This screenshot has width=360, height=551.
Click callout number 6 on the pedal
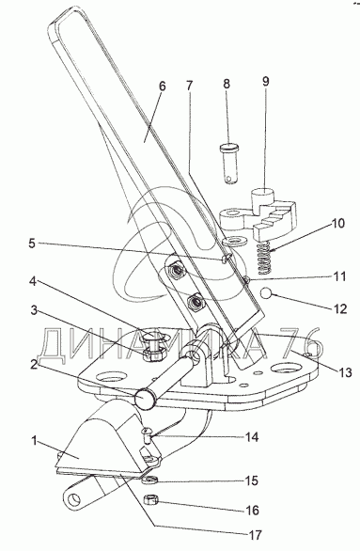162,87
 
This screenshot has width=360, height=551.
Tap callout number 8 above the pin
227,84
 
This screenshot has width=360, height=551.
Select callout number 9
265,82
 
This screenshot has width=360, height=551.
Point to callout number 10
337,224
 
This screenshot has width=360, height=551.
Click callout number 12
340,309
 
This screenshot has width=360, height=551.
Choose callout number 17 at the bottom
255,535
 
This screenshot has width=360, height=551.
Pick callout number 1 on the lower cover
34,441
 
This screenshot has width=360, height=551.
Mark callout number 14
252,437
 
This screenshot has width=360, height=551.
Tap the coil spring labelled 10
262,259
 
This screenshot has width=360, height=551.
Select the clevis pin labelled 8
229,163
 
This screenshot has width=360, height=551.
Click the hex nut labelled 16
151,499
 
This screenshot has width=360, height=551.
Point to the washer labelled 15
149,480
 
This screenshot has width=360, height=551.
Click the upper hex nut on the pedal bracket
174,271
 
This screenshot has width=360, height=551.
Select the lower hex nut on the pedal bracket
194,302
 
